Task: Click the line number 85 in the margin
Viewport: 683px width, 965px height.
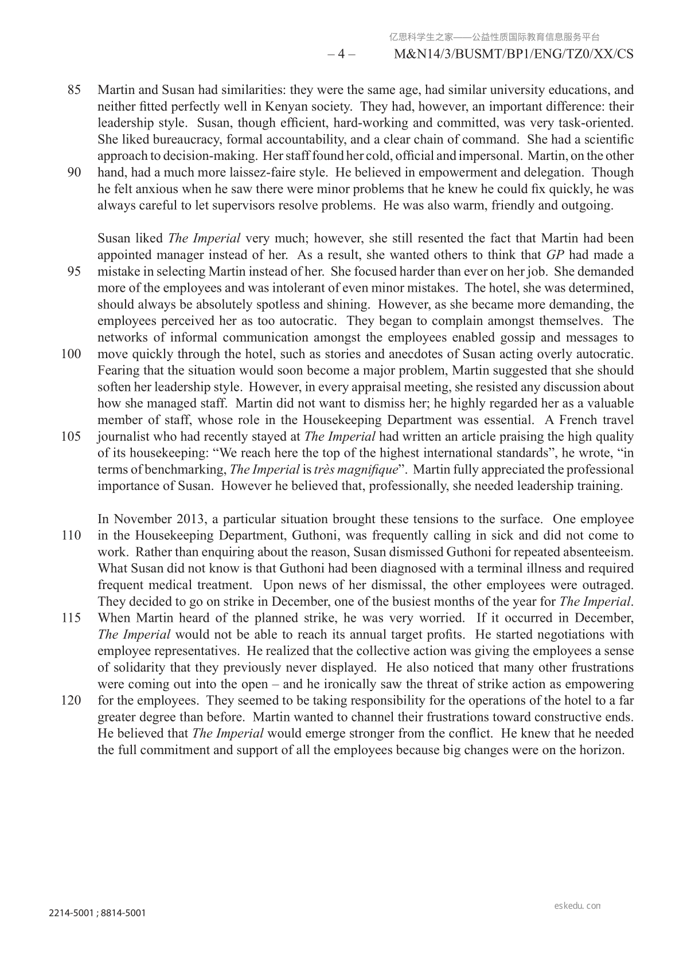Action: (x=74, y=90)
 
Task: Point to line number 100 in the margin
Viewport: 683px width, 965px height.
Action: (x=71, y=354)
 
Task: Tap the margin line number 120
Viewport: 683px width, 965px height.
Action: (x=71, y=700)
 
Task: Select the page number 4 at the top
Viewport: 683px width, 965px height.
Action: (x=341, y=54)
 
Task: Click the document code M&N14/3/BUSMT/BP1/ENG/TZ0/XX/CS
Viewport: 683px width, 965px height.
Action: (x=514, y=54)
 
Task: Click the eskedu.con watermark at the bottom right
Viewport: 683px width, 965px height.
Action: (x=578, y=906)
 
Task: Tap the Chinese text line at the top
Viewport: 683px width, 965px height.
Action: (x=494, y=37)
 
